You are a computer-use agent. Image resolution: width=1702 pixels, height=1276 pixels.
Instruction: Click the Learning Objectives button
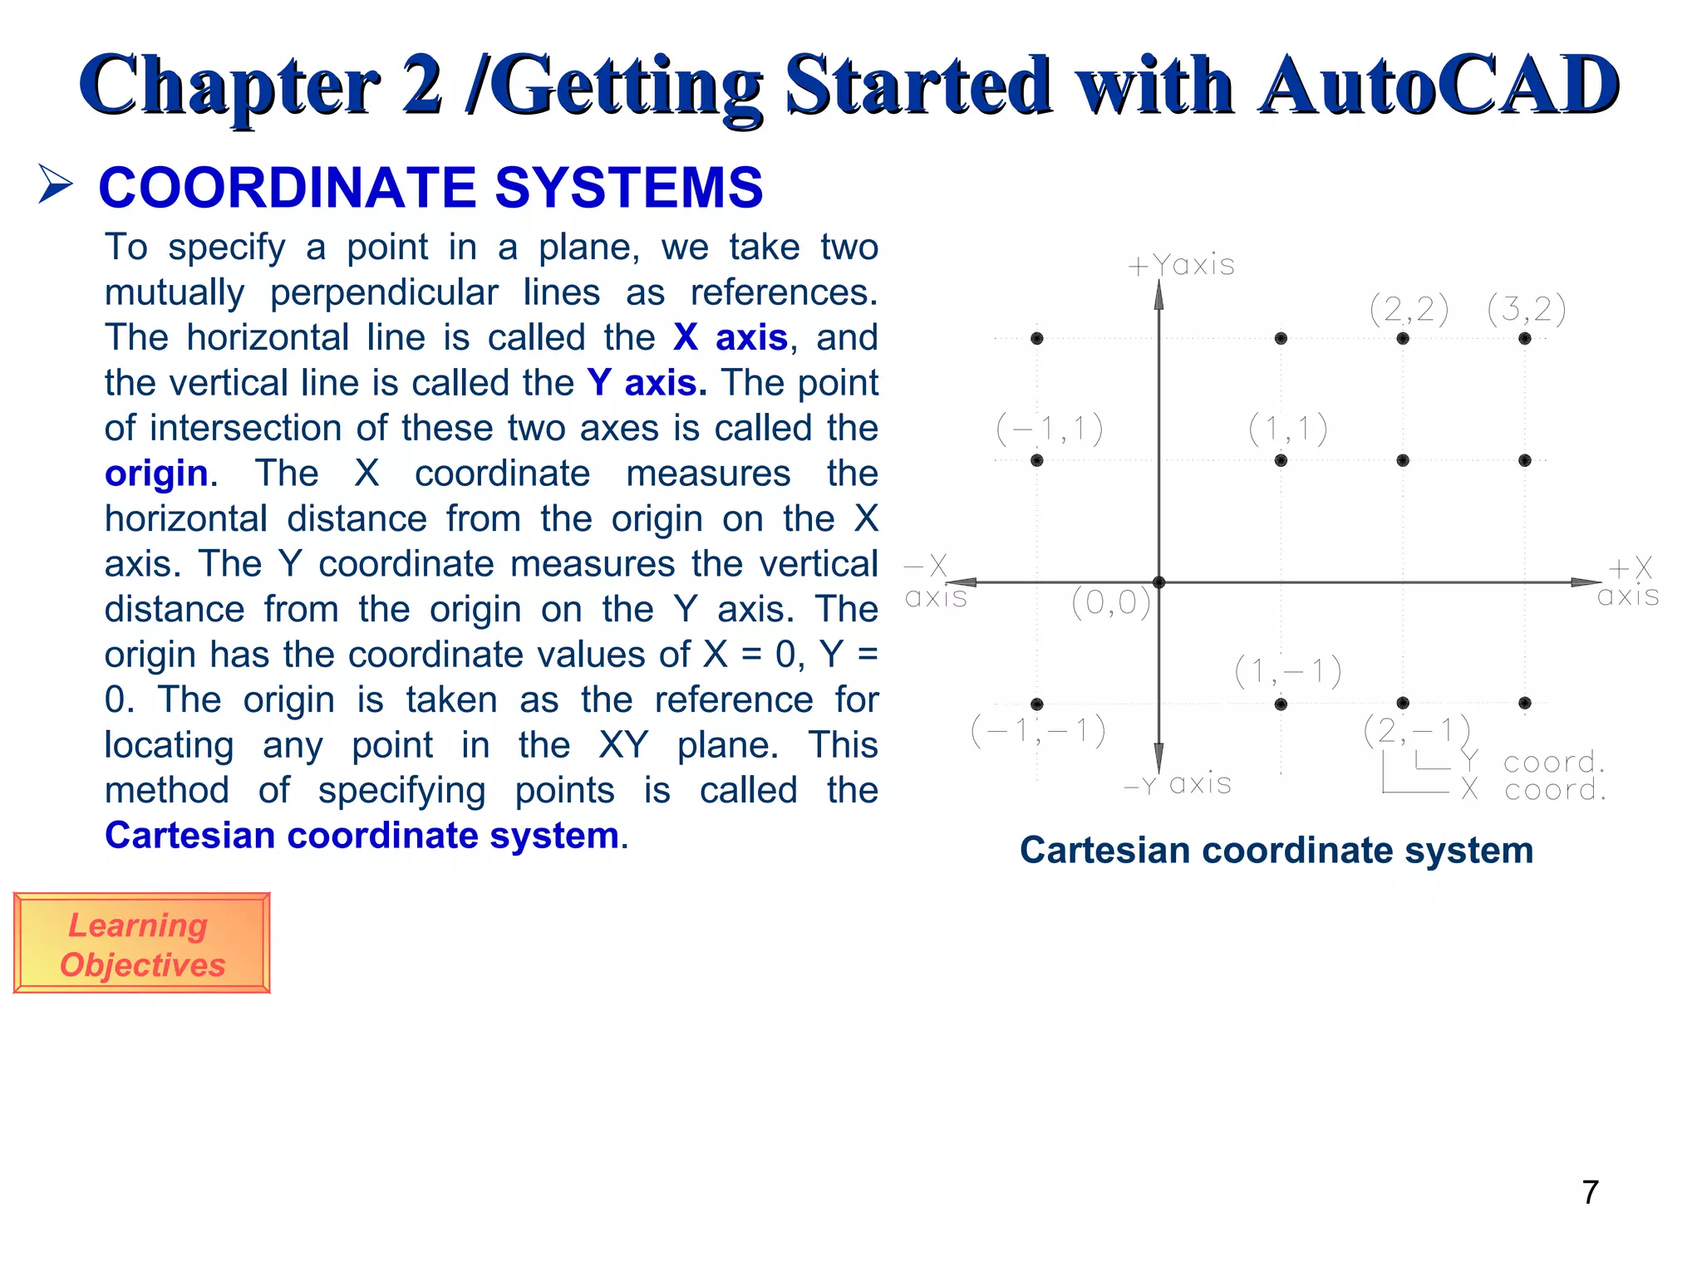(141, 944)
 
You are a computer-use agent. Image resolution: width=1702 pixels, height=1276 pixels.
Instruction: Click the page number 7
(1590, 1192)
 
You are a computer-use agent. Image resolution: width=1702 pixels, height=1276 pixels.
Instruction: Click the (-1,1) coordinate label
(1050, 429)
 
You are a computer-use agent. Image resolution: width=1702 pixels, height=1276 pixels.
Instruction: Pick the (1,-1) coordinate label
(1287, 671)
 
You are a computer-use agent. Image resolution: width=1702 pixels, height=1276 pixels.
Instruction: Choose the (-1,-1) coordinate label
(1038, 731)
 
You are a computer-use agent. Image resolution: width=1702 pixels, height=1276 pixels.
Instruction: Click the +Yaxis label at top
(1181, 265)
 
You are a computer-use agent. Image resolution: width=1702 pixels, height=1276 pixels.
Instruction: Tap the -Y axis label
(1178, 784)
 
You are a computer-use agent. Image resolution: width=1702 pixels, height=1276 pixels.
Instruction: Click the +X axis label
(1628, 582)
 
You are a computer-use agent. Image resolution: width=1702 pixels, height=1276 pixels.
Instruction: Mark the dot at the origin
(1158, 582)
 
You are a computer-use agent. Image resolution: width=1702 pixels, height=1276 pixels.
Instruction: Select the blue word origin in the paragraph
(156, 474)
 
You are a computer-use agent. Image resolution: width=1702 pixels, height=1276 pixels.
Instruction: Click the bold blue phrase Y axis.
(647, 383)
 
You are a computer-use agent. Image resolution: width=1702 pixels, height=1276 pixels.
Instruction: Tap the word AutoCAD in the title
(1438, 86)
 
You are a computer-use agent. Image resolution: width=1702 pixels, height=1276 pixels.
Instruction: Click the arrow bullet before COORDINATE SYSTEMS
(56, 184)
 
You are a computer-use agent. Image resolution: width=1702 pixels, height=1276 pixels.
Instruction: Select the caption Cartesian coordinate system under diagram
(1276, 850)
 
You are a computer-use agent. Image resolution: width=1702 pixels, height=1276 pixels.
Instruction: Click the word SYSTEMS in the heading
(628, 188)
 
